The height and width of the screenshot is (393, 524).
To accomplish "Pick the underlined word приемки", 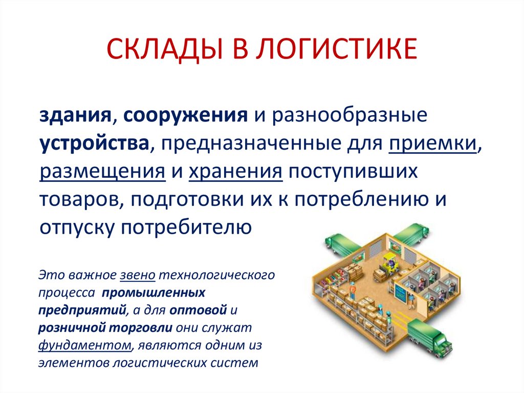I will (432, 143).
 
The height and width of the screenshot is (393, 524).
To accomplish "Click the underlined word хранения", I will (236, 171).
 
